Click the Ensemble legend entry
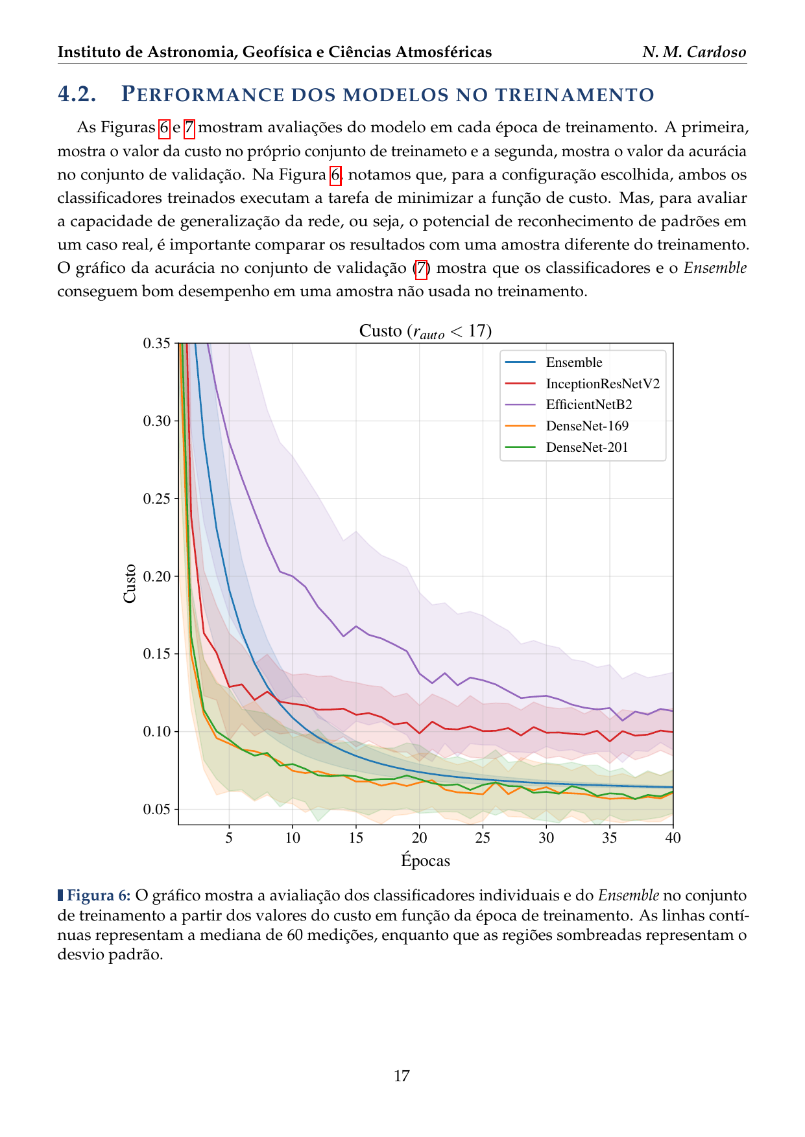573,362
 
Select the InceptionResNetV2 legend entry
602,384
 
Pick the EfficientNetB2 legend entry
588,404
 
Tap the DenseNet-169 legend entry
586,426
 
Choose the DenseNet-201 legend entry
586,447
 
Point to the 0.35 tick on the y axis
156,343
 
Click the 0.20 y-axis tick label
156,576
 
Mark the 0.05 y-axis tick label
156,810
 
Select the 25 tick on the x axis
483,838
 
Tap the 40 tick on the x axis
673,838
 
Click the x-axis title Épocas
426,861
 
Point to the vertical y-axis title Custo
130,583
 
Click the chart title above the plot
426,331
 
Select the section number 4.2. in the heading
77,94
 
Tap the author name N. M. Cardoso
694,52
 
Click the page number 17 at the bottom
402,1076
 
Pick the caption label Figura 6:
99,895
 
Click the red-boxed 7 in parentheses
421,268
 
